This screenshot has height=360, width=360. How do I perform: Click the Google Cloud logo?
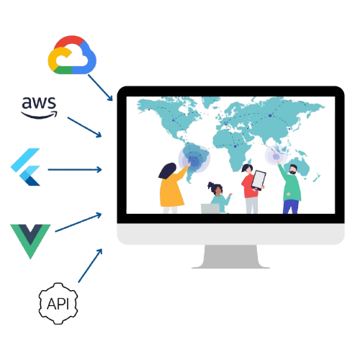pyautogui.click(x=72, y=55)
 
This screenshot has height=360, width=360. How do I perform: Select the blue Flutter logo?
pyautogui.click(x=26, y=167)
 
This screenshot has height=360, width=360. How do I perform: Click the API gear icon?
pyautogui.click(x=58, y=304)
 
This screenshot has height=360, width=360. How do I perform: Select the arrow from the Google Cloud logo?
pyautogui.click(x=100, y=88)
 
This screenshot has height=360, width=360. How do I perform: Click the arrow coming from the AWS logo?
pyautogui.click(x=84, y=127)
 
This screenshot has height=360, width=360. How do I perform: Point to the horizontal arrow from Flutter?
pyautogui.click(x=75, y=170)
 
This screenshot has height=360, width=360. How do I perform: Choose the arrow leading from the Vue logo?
pyautogui.click(x=78, y=222)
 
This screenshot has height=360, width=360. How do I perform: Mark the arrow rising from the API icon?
pyautogui.click(x=90, y=266)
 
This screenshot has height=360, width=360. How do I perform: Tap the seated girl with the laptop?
pyautogui.click(x=219, y=197)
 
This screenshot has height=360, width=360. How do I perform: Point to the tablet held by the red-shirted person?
pyautogui.click(x=258, y=180)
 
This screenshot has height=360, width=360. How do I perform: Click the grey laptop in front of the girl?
pyautogui.click(x=210, y=209)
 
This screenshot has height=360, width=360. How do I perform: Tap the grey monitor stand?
pyautogui.click(x=230, y=256)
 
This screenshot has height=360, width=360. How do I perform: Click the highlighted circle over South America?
pyautogui.click(x=194, y=159)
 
